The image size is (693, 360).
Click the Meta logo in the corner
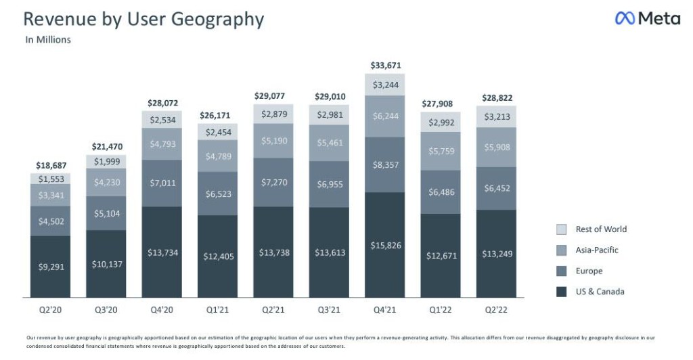(x=648, y=19)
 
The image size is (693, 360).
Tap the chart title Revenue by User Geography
(x=143, y=19)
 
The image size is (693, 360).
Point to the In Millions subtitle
(x=48, y=40)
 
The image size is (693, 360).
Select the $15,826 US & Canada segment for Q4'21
(x=385, y=245)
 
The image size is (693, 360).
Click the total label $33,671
(x=385, y=66)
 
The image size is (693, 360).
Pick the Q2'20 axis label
(x=51, y=310)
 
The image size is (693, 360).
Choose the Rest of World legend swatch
(x=561, y=229)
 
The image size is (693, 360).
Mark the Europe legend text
(x=588, y=271)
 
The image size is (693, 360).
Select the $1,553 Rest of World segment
(x=51, y=179)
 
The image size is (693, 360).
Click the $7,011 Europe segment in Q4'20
(x=162, y=183)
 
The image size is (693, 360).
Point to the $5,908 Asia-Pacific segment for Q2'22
(x=496, y=148)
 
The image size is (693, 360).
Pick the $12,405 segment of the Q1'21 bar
(x=218, y=256)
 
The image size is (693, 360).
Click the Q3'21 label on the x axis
(x=330, y=310)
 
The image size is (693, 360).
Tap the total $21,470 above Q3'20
(x=107, y=146)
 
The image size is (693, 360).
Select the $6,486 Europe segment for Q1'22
(x=441, y=192)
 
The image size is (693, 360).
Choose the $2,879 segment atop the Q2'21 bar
(x=273, y=113)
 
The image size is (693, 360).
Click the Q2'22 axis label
(x=496, y=310)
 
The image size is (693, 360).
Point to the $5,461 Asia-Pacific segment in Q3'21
(x=330, y=143)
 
